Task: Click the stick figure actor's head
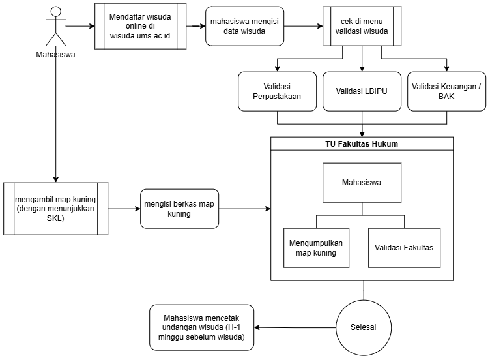pos(56,12)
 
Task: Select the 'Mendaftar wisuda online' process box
pos(140,26)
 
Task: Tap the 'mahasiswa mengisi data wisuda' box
pos(245,26)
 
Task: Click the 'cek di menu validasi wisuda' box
pos(362,26)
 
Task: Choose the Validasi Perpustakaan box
pos(277,91)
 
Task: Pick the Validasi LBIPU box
pos(362,91)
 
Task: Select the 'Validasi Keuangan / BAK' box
pos(446,91)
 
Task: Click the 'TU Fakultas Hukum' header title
pos(362,144)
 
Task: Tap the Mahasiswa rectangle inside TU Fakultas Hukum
pos(362,183)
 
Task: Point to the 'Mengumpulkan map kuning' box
pos(316,248)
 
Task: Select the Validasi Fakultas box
pos(405,248)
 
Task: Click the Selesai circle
pos(364,327)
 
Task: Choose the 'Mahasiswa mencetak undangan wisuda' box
pos(201,327)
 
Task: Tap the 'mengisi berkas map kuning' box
pos(179,209)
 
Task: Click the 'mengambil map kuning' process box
pos(55,209)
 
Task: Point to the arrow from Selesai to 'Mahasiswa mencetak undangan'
pos(295,327)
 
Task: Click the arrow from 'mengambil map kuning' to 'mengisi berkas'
pos(124,209)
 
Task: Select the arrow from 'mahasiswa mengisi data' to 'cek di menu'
pos(304,26)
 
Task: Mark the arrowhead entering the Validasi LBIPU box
pos(362,69)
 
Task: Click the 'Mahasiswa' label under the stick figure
pos(55,55)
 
